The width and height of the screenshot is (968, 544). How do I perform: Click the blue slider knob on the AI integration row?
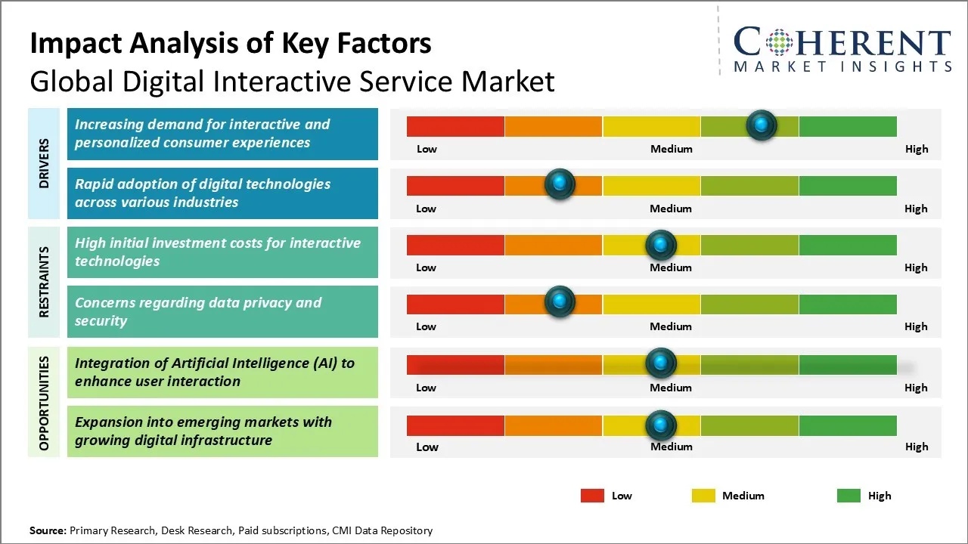660,363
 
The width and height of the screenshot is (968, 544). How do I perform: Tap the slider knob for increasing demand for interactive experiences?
762,125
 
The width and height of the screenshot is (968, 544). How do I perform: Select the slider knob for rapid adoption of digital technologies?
560,184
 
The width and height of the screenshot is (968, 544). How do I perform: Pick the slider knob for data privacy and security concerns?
560,302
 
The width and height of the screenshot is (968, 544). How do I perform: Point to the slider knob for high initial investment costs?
660,244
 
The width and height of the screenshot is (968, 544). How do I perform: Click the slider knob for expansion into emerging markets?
660,425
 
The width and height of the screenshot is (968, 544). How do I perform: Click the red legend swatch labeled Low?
592,496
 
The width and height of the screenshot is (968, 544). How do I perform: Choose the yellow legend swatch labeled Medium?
703,496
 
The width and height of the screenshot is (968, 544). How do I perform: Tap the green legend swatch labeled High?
849,496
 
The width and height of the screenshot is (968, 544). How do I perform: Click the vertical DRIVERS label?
44,163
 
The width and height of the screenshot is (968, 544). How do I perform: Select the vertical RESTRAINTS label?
44,282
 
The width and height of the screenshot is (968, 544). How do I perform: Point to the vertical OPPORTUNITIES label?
44,403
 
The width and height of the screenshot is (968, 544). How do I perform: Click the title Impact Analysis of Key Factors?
231,43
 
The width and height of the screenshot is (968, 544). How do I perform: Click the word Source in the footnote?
48,530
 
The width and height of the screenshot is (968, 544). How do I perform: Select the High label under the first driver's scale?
917,149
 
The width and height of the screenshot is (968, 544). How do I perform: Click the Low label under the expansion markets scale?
427,447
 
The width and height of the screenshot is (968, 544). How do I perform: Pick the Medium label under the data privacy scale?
671,326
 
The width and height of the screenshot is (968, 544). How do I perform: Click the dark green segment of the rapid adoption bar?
847,185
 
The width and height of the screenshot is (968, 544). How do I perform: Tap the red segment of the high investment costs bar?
455,245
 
